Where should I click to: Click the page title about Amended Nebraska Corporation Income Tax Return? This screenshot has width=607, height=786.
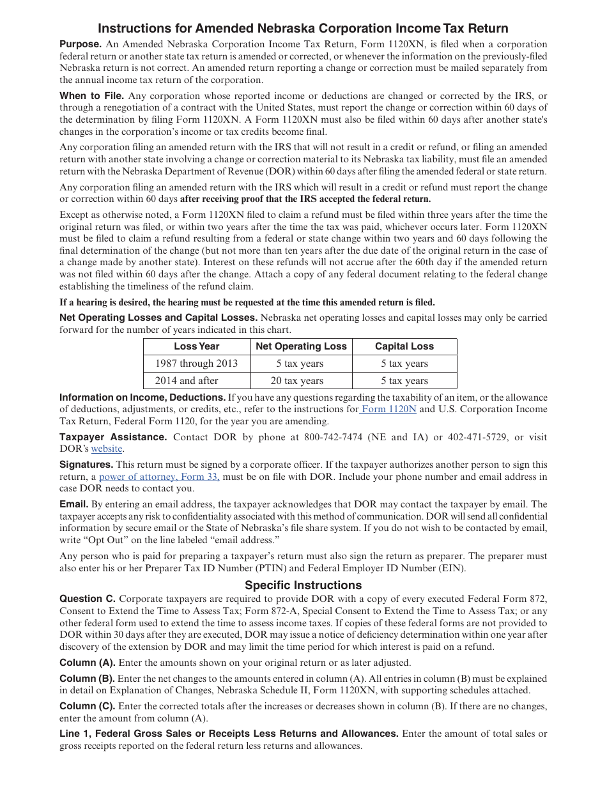(x=303, y=28)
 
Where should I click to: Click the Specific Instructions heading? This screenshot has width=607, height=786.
(x=303, y=585)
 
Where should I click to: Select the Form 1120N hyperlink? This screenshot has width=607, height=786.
(x=388, y=409)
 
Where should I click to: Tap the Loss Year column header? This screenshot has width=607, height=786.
(x=196, y=346)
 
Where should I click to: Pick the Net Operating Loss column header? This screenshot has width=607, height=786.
(x=300, y=346)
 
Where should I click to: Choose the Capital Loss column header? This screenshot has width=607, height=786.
(x=404, y=346)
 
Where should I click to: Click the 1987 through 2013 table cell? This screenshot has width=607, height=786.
(x=196, y=364)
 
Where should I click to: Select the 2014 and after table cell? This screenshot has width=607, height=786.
(x=187, y=381)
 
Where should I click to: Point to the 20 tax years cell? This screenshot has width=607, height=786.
(x=300, y=381)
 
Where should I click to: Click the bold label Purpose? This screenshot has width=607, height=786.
(x=81, y=44)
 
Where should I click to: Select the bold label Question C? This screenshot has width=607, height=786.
(x=88, y=599)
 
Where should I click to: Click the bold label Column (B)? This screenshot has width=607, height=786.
(x=88, y=678)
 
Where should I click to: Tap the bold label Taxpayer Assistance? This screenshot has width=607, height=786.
(x=113, y=437)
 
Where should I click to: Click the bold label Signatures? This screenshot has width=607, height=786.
(x=86, y=465)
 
